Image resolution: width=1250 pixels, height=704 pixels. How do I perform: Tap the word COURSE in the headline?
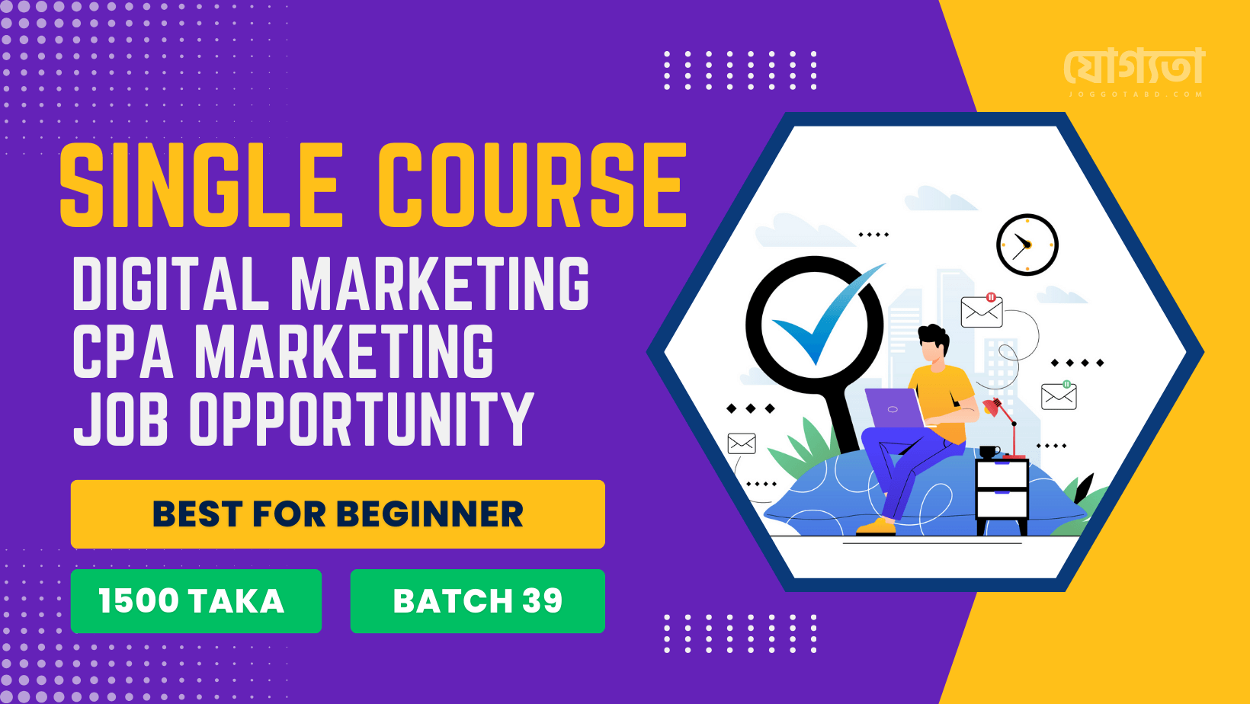click(x=532, y=184)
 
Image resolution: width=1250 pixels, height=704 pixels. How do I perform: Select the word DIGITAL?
click(x=172, y=284)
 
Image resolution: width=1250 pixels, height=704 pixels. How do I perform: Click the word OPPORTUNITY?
click(x=362, y=418)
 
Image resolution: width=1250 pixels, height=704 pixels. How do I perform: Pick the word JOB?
click(x=120, y=418)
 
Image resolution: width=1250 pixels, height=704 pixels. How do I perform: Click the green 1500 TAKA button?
click(x=196, y=601)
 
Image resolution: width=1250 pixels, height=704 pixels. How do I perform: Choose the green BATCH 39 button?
click(x=478, y=601)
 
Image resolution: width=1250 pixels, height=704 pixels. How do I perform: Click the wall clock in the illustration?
click(x=1027, y=245)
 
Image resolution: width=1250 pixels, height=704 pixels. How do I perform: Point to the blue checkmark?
click(x=827, y=315)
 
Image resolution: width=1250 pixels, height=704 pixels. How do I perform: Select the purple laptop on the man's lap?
click(x=895, y=408)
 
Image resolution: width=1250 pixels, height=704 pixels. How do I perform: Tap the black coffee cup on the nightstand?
click(x=989, y=452)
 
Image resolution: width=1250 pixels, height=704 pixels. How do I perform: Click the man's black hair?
click(x=934, y=338)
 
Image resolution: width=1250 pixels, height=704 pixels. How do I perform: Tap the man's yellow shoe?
click(x=876, y=526)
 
